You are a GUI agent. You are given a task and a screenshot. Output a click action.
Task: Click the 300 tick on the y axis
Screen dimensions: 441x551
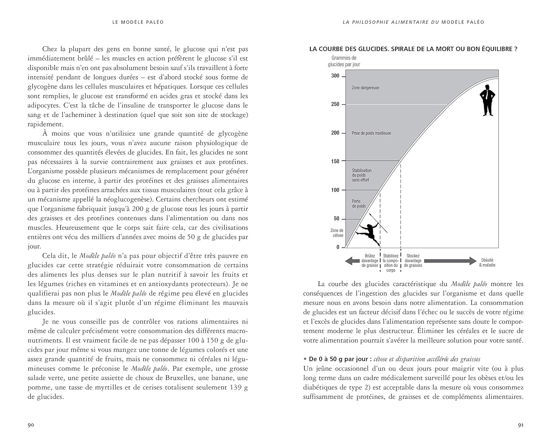tap(335, 76)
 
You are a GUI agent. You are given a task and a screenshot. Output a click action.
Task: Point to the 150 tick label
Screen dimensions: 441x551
tap(335, 161)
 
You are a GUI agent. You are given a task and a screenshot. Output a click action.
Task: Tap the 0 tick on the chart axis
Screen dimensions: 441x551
tap(338, 247)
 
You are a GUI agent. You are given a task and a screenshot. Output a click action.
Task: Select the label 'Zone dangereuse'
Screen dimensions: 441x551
tap(365, 88)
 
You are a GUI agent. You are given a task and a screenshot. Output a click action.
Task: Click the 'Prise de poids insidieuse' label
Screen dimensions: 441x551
tap(371, 133)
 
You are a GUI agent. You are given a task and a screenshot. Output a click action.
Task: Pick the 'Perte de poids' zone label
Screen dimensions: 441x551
tap(359, 204)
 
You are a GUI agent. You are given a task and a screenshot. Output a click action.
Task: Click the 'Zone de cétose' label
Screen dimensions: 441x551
tap(336, 233)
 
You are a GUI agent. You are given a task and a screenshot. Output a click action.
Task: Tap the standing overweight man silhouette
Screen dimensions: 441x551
tap(488, 100)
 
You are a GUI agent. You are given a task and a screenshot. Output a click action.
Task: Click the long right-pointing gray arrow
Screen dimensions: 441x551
tap(450, 261)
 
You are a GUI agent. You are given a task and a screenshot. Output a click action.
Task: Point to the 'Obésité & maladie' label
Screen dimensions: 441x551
tap(487, 262)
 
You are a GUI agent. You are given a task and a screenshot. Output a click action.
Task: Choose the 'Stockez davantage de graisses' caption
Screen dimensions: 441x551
tap(413, 261)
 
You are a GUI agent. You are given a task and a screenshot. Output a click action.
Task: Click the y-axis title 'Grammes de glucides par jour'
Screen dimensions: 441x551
tap(344, 61)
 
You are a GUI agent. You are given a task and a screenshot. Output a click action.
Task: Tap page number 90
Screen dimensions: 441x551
tap(31, 425)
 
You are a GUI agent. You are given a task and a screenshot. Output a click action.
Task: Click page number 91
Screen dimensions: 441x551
tap(521, 425)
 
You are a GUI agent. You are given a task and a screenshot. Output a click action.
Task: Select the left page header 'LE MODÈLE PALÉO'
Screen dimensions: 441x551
tap(138, 22)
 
